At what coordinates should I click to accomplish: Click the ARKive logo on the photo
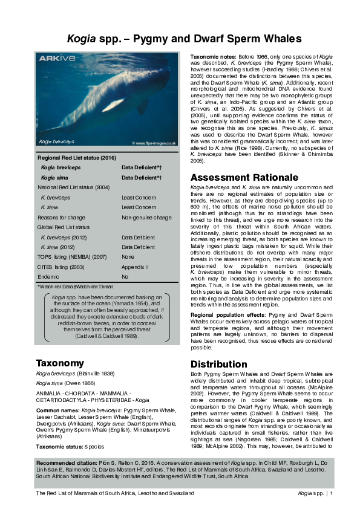(x=57, y=59)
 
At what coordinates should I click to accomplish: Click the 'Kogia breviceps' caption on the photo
(x=56, y=141)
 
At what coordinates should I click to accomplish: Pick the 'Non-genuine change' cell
(x=146, y=216)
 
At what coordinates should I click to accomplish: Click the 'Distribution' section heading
(x=218, y=365)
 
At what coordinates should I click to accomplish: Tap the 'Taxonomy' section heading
(x=59, y=363)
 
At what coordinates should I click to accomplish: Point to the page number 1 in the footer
(x=332, y=494)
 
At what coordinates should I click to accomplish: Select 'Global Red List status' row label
(x=64, y=226)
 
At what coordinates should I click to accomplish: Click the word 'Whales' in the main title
(x=277, y=39)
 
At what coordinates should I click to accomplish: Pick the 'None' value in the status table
(x=128, y=256)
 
